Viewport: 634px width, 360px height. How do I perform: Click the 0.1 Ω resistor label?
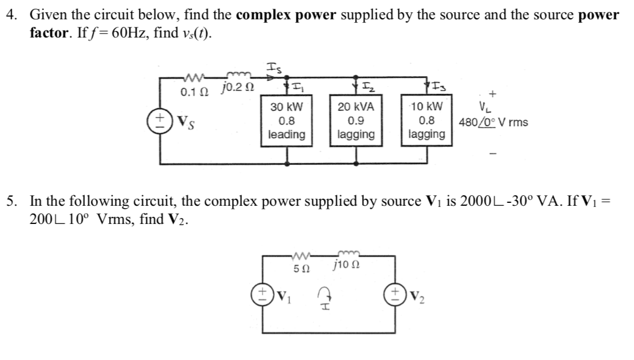[193, 92]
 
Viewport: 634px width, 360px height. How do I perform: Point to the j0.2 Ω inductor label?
[237, 90]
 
